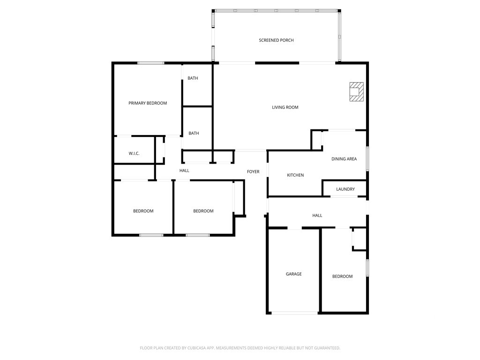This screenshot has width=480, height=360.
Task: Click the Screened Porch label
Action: (x=276, y=40)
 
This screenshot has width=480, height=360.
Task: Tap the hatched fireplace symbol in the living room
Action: (x=357, y=91)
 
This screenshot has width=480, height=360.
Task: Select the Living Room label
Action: (x=285, y=107)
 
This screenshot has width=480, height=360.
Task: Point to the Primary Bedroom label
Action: (x=148, y=103)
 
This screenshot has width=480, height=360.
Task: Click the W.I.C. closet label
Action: (x=134, y=153)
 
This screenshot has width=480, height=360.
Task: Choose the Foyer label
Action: (x=253, y=172)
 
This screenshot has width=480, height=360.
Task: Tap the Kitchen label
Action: (x=295, y=175)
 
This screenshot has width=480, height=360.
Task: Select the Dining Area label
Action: (x=344, y=159)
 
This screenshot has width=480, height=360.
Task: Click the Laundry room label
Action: (x=345, y=189)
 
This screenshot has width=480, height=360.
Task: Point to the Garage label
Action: (x=294, y=274)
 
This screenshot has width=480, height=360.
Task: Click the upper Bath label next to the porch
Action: (x=193, y=78)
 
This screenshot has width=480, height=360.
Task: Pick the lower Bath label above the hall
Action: (x=194, y=133)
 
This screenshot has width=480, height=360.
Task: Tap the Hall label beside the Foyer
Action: (x=184, y=171)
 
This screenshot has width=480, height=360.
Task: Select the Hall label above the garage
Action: (x=317, y=216)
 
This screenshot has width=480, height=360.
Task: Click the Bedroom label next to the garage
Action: (x=343, y=277)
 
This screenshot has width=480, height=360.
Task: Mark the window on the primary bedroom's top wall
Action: (x=150, y=63)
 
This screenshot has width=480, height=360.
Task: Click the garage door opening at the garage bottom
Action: (x=295, y=313)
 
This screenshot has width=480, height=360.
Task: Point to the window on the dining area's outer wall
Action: (x=367, y=158)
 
